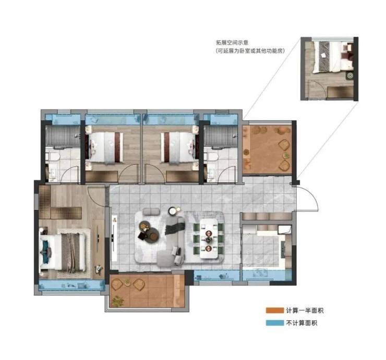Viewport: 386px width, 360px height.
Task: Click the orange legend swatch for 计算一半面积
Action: click(x=274, y=311)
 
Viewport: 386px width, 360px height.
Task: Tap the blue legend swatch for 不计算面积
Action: click(x=274, y=322)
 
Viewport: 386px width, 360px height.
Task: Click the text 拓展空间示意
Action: click(x=232, y=43)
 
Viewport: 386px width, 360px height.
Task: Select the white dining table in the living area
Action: click(x=209, y=239)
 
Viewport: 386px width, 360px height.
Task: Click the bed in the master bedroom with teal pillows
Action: click(x=63, y=253)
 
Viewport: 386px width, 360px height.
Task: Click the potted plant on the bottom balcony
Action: click(x=118, y=301)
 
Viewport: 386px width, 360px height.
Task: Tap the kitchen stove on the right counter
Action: click(x=283, y=249)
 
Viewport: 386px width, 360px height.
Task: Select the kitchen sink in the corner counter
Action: click(x=284, y=230)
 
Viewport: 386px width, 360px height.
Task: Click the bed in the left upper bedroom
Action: click(x=104, y=148)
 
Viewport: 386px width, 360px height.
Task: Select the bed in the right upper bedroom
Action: click(x=180, y=148)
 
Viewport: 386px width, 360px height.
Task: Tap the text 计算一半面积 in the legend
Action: click(x=305, y=311)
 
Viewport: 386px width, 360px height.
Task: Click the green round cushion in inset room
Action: click(x=349, y=76)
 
